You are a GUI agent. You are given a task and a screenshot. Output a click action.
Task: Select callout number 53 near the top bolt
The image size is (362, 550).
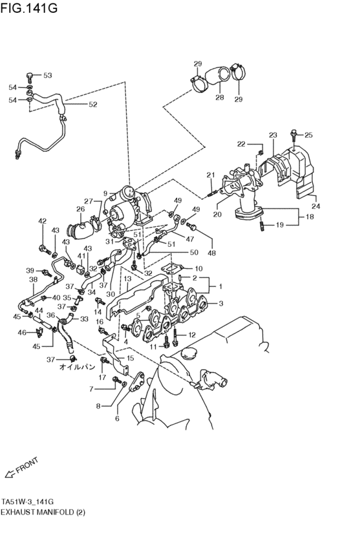(47, 76)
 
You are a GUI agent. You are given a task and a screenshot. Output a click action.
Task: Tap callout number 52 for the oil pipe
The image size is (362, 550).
(93, 104)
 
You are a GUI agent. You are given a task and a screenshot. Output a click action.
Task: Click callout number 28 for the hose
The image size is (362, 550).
(220, 98)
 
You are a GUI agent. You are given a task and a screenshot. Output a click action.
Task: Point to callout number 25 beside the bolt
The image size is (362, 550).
(308, 135)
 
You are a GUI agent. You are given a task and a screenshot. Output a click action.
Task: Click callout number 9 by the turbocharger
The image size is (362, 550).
(105, 193)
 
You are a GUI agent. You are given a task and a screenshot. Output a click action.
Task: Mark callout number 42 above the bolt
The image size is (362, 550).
(43, 222)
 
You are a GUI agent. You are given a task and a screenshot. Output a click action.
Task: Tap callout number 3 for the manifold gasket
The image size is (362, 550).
(220, 302)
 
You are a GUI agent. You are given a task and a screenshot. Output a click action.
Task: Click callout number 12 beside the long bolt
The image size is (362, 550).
(192, 334)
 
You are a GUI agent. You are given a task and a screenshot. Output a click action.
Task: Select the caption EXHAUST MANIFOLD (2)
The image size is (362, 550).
(43, 512)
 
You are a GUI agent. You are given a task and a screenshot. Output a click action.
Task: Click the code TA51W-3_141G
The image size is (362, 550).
(27, 502)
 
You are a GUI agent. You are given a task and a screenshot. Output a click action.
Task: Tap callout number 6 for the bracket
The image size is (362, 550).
(117, 418)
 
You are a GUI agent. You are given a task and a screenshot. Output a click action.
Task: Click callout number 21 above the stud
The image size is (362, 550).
(210, 175)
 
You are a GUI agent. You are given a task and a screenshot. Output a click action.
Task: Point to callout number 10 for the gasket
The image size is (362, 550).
(198, 268)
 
